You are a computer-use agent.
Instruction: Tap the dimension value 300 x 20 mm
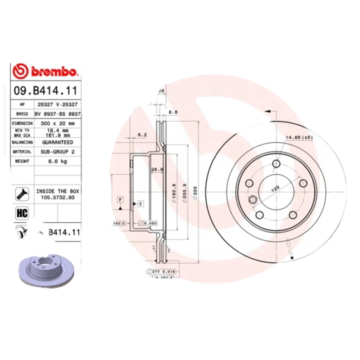point(57,123)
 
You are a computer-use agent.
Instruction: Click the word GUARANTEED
point(57,142)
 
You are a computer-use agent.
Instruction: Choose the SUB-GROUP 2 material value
point(57,152)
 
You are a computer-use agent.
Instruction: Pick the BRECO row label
point(22,114)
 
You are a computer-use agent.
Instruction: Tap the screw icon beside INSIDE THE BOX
point(22,194)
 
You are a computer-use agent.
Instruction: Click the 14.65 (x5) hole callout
point(298,137)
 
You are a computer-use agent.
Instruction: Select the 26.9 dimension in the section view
point(156,170)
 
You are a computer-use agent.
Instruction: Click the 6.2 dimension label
point(142,134)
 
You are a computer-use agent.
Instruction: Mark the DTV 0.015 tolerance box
point(162,272)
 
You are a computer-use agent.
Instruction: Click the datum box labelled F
point(120,199)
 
